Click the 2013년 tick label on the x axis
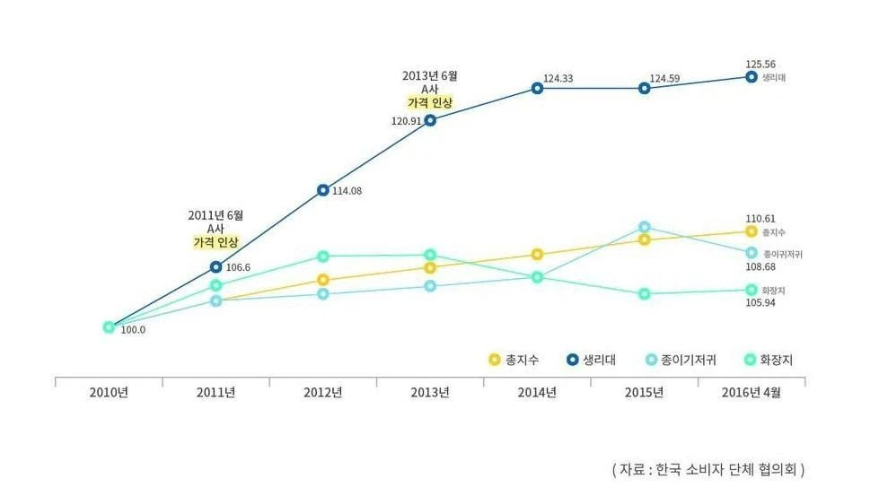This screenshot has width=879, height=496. (x=430, y=392)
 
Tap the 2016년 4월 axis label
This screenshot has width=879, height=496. (x=752, y=392)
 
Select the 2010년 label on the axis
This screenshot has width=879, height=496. (x=109, y=392)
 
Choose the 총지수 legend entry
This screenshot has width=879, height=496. (x=513, y=361)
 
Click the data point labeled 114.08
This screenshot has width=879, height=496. (x=323, y=190)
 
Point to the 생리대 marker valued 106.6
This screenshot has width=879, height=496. (x=215, y=266)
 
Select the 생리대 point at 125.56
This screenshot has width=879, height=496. (x=752, y=77)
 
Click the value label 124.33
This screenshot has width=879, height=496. (x=558, y=79)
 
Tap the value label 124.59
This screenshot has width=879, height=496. (x=664, y=79)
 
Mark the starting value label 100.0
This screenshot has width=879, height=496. (x=133, y=330)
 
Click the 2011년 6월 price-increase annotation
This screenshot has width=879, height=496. (x=215, y=229)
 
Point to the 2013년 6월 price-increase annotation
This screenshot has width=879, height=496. (x=430, y=89)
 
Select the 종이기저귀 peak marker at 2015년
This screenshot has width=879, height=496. (x=645, y=227)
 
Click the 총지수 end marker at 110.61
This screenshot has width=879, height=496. (x=752, y=231)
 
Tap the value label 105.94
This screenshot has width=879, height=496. (x=760, y=303)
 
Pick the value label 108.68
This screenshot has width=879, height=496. (x=760, y=267)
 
